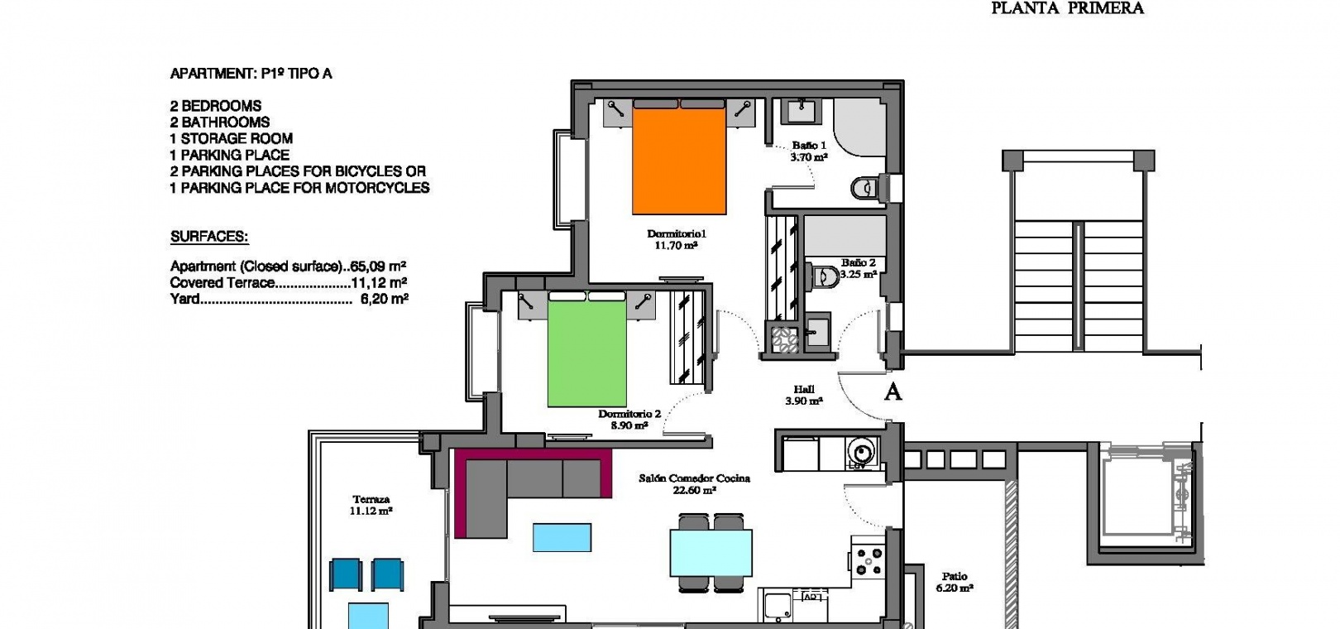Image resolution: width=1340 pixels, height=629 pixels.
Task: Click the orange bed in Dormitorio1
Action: click(679, 157)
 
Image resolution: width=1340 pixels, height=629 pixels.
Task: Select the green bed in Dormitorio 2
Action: click(586, 349)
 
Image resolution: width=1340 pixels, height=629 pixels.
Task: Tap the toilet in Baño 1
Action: click(864, 189)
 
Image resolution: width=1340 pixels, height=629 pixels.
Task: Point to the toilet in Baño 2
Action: click(826, 276)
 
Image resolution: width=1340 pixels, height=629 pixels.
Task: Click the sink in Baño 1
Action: click(801, 112)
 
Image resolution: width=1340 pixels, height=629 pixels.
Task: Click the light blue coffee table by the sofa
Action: click(562, 537)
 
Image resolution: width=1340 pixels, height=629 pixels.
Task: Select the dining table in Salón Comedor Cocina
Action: click(711, 553)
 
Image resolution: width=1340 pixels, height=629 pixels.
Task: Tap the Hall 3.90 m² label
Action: click(804, 395)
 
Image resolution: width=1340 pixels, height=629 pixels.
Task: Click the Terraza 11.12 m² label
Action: click(371, 505)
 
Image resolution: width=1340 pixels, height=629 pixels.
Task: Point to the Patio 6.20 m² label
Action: click(955, 583)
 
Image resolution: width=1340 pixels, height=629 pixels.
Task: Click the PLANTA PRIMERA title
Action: click(1068, 7)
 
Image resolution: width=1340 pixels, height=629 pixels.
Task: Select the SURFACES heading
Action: click(209, 237)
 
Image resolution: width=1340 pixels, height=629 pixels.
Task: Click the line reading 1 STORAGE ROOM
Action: click(232, 138)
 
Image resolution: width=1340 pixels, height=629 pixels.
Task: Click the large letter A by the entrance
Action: click(893, 391)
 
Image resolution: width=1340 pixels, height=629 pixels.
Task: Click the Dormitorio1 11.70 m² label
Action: click(677, 239)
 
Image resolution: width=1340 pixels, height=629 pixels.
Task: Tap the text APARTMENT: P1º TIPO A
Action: click(251, 74)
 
